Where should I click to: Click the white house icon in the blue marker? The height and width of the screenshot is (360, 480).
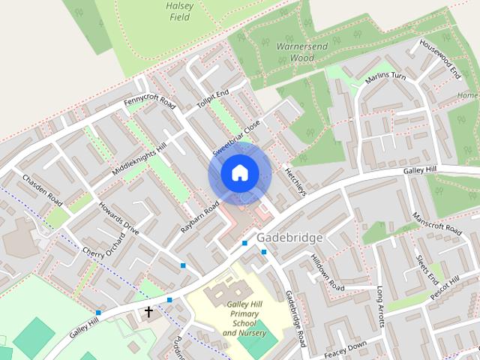pos(238,173)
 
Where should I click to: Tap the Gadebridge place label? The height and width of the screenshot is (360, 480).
pos(289,237)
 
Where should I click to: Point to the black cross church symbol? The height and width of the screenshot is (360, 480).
pos(148,310)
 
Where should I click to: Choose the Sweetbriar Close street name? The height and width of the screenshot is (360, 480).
pos(235,137)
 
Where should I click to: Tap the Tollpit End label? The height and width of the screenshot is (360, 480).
pos(212,98)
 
